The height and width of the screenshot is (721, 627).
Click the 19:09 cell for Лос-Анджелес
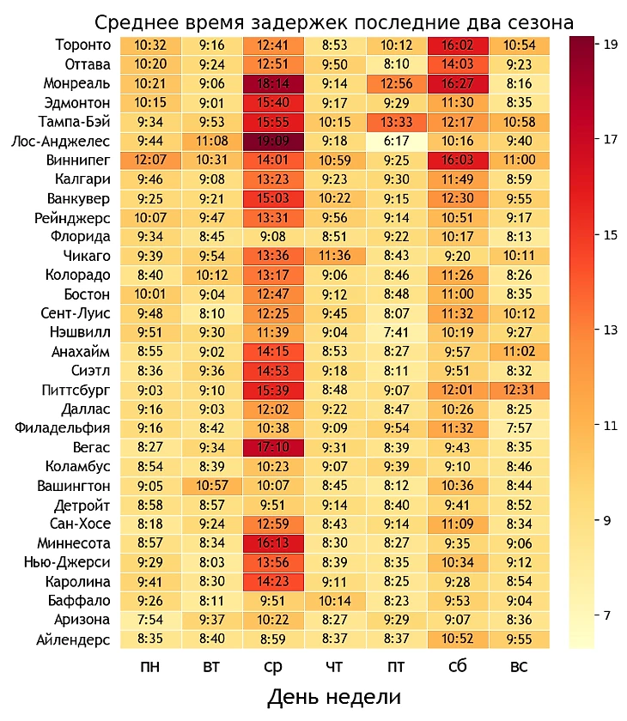273,141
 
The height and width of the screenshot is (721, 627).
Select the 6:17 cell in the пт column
397,141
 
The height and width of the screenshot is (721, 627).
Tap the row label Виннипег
79,161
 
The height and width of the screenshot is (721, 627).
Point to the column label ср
273,667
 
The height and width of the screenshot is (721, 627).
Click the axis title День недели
334,696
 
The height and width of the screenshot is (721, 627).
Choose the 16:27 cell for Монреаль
458,83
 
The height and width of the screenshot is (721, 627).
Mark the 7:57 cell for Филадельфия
519,428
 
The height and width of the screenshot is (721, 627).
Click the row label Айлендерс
74,639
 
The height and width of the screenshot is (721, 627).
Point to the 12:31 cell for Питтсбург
519,390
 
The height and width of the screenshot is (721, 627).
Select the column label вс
519,667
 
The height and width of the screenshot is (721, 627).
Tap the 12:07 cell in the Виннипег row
150,161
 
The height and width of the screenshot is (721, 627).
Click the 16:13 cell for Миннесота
273,543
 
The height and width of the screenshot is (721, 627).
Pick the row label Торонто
82,45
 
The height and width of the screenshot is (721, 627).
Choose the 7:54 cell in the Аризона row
150,620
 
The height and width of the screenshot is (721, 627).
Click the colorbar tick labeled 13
612,330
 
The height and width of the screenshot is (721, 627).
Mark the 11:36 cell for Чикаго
335,256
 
